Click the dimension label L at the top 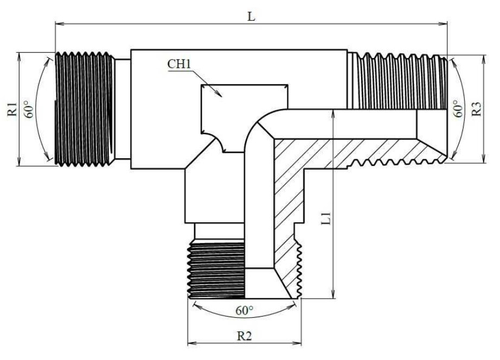(x=252, y=16)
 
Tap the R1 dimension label (x=12, y=109)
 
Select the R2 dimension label (x=244, y=336)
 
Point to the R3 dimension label (x=476, y=109)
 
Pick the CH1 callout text (x=179, y=64)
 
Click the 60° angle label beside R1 (x=29, y=109)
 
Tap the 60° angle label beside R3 (x=459, y=108)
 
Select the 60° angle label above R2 (x=244, y=310)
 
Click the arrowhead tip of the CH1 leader (x=222, y=97)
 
